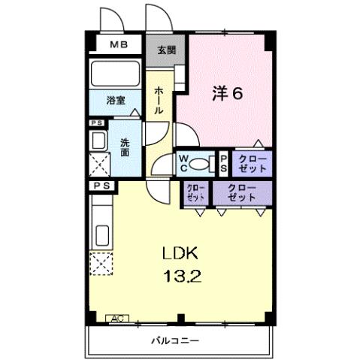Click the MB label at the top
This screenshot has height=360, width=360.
click(x=119, y=44)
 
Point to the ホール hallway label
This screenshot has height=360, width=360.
click(x=159, y=100)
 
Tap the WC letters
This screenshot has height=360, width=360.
click(x=182, y=162)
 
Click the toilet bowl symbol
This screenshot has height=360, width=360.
click(x=200, y=162)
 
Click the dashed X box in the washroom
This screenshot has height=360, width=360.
click(x=99, y=163)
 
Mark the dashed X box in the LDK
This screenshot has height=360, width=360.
click(x=100, y=264)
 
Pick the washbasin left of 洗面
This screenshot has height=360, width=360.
click(x=98, y=140)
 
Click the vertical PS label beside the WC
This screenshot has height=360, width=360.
click(x=223, y=162)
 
